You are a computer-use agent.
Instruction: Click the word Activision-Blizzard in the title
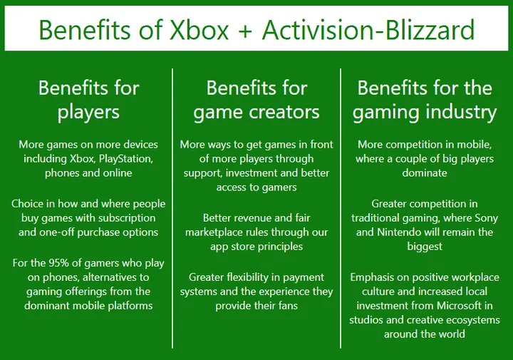(368, 31)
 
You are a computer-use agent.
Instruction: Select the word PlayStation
(123, 158)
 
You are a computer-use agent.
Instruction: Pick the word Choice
(27, 204)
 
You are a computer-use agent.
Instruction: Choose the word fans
(284, 306)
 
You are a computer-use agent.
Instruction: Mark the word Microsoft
(452, 306)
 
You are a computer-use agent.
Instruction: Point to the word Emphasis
(375, 277)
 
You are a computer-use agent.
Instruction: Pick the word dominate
(424, 173)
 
